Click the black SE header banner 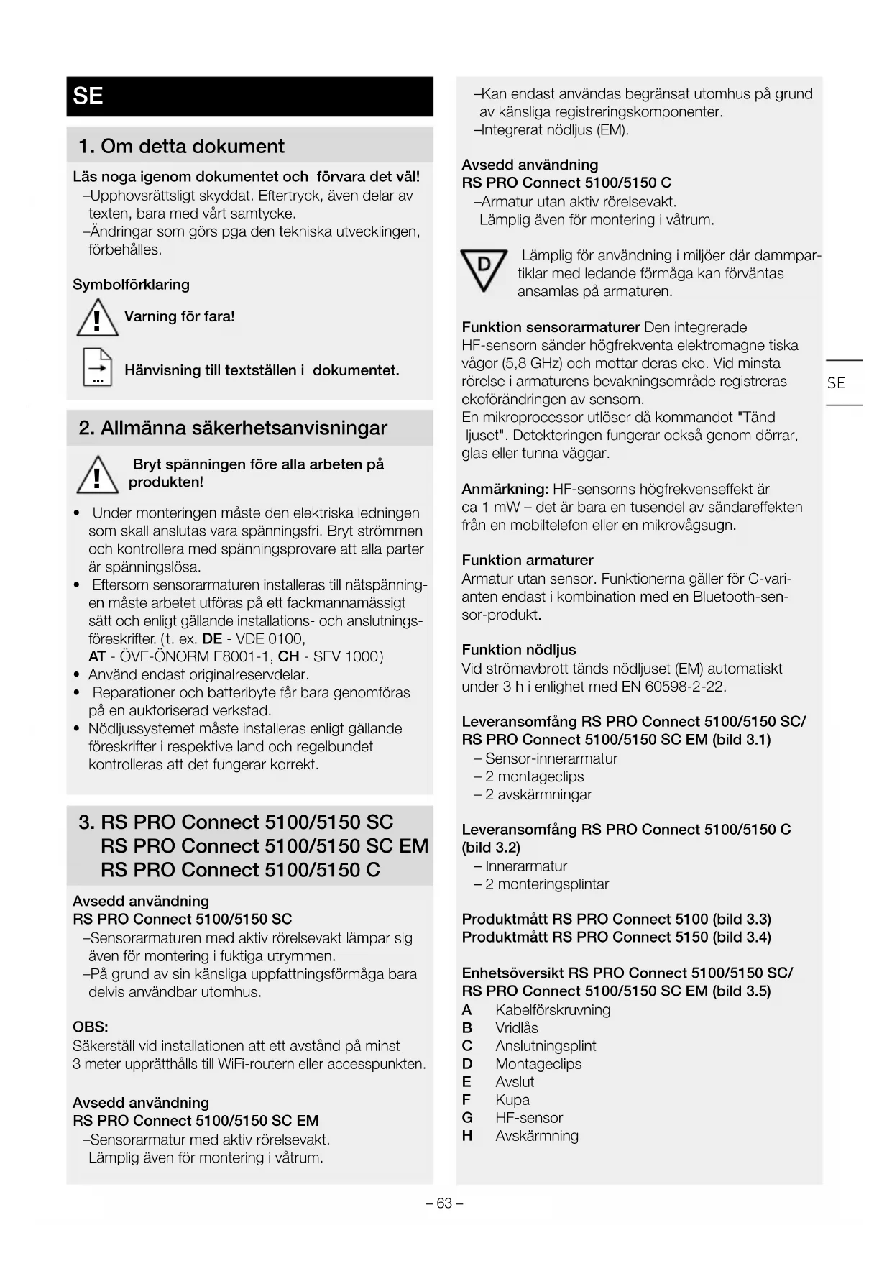pos(249,96)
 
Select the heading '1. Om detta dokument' pos(181,146)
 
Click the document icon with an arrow pos(98,367)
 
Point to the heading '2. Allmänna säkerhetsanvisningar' pos(233,428)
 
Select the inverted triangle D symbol pos(484,270)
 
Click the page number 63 pos(444,1203)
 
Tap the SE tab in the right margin pos(836,383)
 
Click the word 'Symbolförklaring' pos(131,284)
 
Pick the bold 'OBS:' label pos(91,1027)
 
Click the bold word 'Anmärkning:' pos(505,489)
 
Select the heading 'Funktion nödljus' pos(519,650)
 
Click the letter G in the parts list pos(467,1118)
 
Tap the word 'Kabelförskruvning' pos(553,1010)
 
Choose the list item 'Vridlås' pos(517,1028)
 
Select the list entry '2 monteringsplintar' pos(546,884)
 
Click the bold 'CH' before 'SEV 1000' pos(288,656)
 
